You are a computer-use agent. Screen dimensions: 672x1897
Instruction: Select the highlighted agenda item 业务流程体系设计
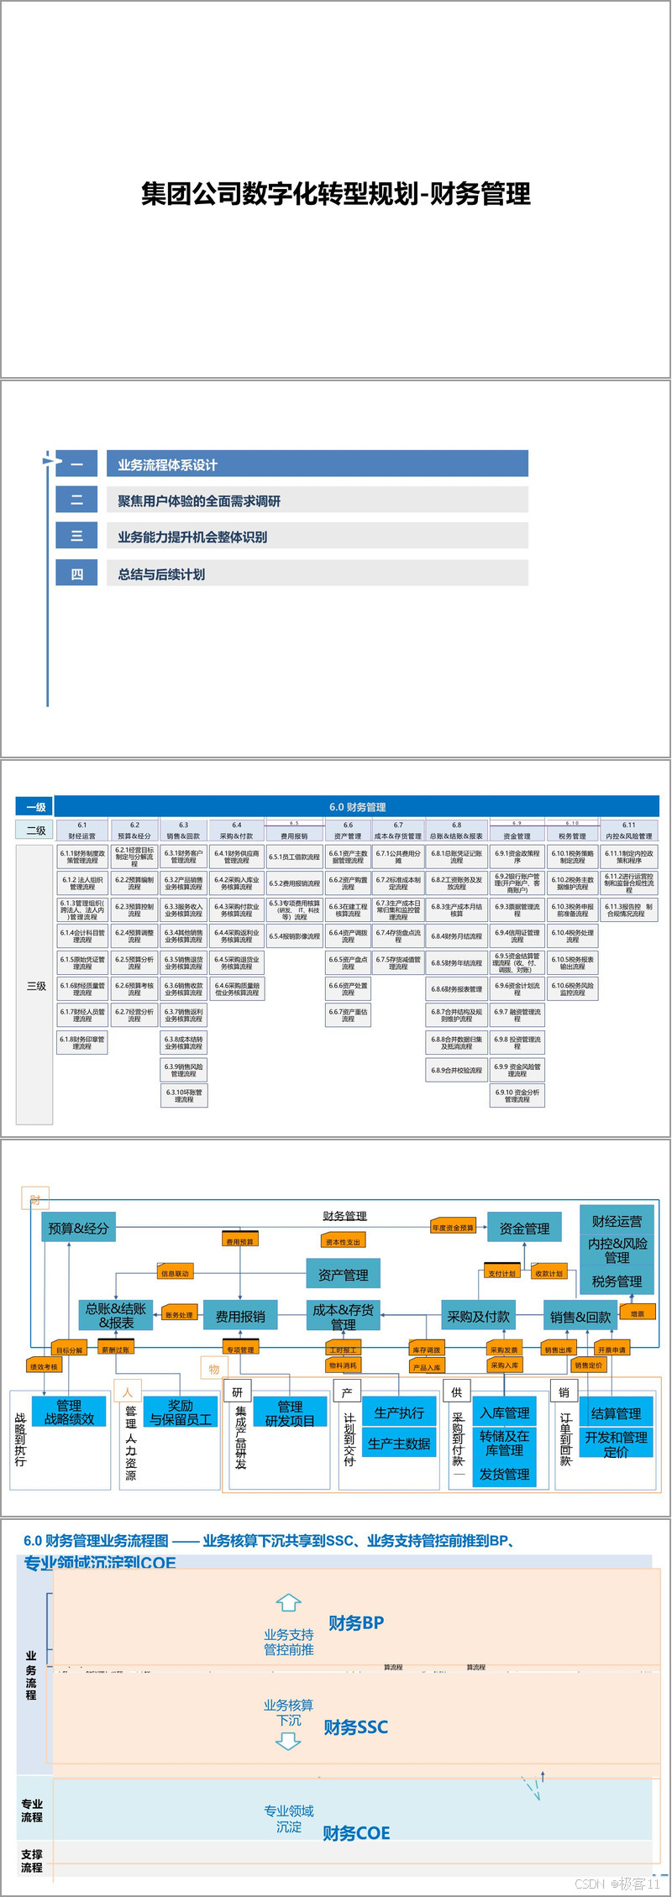click(317, 464)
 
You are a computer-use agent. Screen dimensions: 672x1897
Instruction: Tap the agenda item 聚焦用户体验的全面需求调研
click(317, 500)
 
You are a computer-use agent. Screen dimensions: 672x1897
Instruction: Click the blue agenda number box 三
click(76, 536)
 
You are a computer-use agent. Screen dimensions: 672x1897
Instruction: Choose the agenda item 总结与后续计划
click(317, 574)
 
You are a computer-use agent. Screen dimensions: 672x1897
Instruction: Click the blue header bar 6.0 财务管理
click(358, 806)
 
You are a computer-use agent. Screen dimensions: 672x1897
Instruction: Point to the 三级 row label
click(35, 985)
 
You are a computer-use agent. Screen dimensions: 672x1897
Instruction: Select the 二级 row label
click(35, 830)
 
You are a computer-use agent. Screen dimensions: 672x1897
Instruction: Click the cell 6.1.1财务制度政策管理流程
click(82, 856)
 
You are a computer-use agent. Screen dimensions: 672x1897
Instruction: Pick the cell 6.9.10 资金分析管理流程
click(517, 1095)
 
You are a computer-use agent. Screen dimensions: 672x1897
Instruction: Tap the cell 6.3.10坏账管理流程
click(184, 1095)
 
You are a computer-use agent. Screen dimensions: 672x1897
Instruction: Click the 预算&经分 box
click(78, 1228)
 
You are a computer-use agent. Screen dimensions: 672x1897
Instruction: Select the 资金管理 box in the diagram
click(524, 1228)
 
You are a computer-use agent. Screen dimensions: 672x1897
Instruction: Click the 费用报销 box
click(240, 1316)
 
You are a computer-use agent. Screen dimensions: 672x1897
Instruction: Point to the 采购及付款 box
click(478, 1316)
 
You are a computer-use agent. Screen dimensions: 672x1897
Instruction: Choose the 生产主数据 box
click(399, 1444)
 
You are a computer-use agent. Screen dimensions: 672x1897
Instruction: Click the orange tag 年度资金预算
click(453, 1228)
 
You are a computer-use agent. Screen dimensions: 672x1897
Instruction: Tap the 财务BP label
click(356, 1622)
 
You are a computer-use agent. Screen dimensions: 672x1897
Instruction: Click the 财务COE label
click(356, 1832)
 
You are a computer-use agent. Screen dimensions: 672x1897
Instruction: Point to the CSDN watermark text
click(617, 1883)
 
